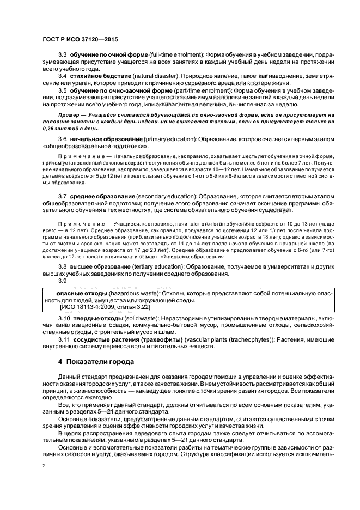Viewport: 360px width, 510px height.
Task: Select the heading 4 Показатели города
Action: point(97,361)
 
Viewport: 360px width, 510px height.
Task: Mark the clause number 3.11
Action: point(64,339)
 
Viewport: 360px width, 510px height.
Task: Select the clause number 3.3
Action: point(62,56)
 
